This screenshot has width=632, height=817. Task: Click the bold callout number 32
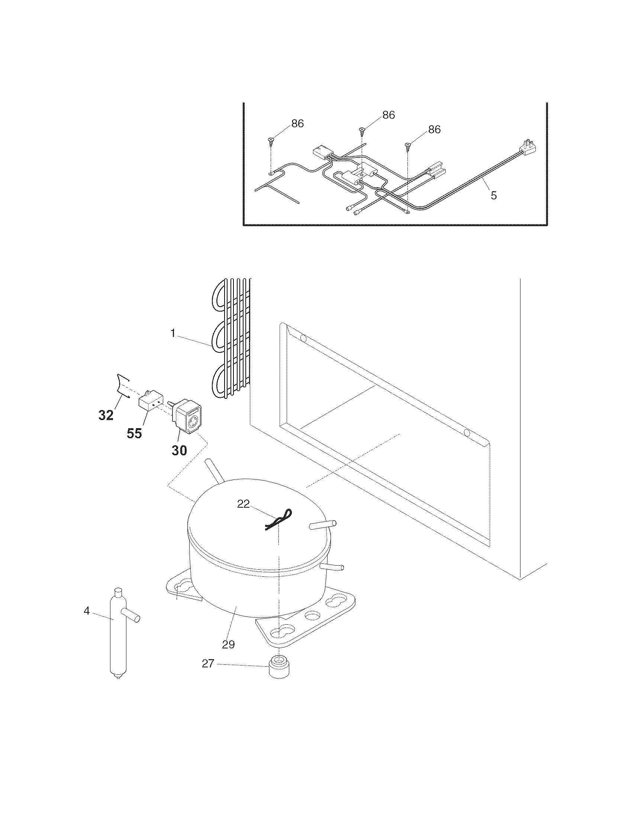(x=106, y=415)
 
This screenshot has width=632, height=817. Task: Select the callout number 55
(x=135, y=433)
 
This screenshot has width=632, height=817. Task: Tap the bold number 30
(x=179, y=450)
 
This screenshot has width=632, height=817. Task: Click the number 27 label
(x=208, y=674)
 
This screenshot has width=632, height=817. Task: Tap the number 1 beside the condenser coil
(x=173, y=333)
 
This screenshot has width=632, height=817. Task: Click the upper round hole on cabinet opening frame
(x=303, y=339)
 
